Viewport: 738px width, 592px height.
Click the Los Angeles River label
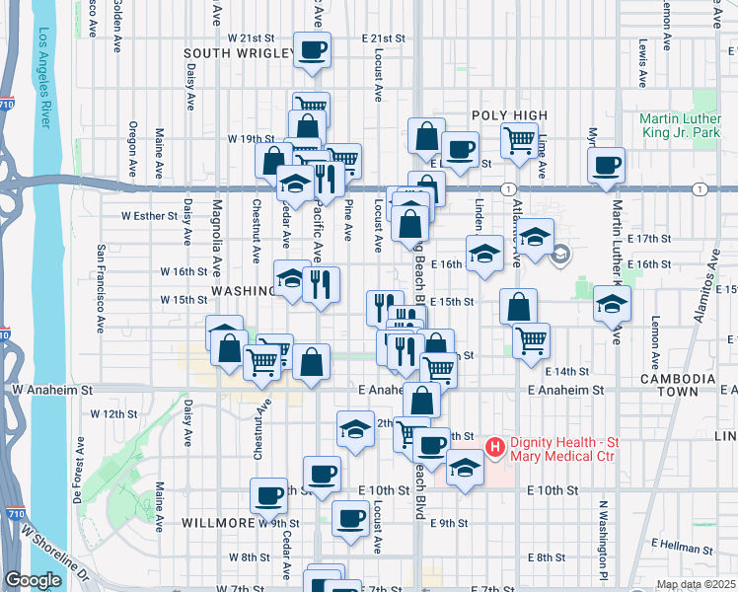43,78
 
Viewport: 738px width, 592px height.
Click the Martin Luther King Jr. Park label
680,130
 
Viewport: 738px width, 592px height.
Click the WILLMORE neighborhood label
217,523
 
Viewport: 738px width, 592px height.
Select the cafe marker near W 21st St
313,49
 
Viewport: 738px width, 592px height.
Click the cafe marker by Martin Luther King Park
606,165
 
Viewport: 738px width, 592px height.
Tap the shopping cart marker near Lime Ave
519,139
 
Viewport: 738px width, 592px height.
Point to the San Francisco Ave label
101,287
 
